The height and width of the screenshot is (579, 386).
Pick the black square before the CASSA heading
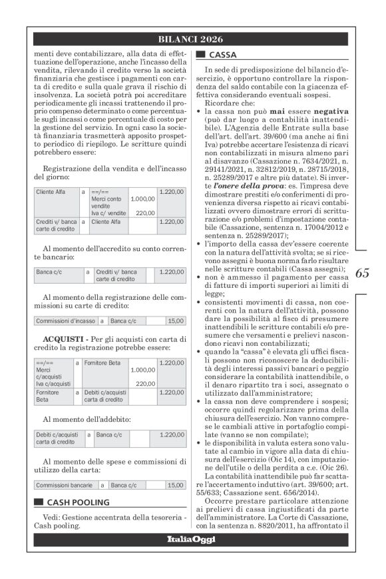tap(200, 55)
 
